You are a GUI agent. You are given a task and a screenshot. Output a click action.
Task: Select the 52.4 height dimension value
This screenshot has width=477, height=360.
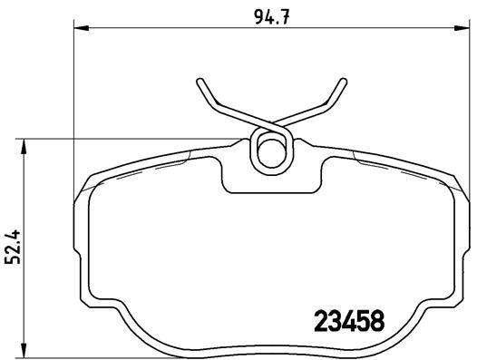click(x=12, y=246)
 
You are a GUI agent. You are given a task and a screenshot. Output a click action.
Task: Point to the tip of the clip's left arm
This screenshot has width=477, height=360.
click(x=199, y=83)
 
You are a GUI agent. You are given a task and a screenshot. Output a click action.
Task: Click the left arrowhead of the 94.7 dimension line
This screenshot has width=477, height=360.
click(x=76, y=31)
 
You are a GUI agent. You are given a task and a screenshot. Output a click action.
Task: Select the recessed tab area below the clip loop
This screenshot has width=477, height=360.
click(x=270, y=181)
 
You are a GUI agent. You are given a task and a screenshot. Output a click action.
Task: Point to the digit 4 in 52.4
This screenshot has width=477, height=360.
click(x=12, y=232)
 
